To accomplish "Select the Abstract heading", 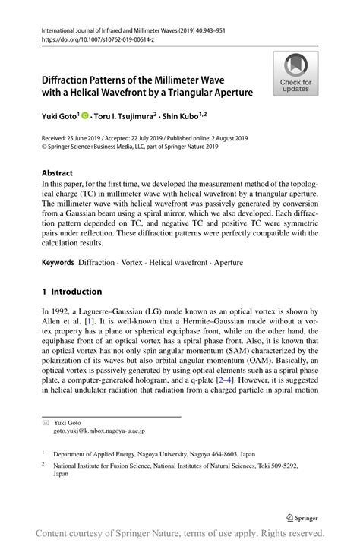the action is click(x=57, y=173).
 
